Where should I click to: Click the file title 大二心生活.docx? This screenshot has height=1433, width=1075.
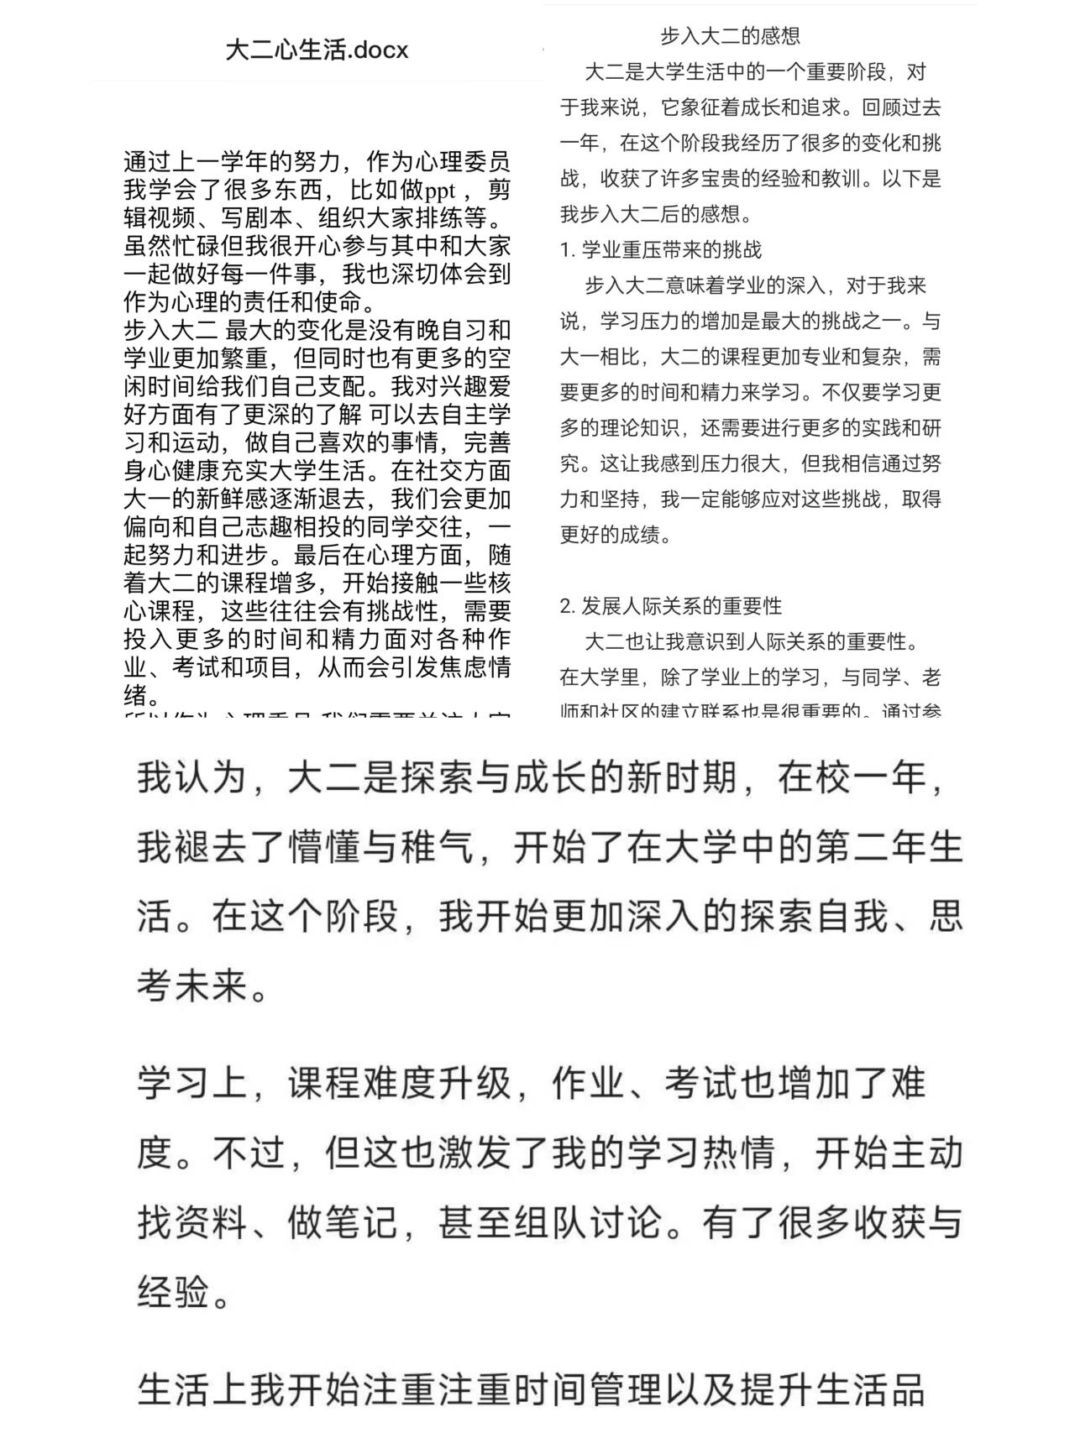click(x=317, y=50)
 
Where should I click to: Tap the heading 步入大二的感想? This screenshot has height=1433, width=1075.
click(x=730, y=36)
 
